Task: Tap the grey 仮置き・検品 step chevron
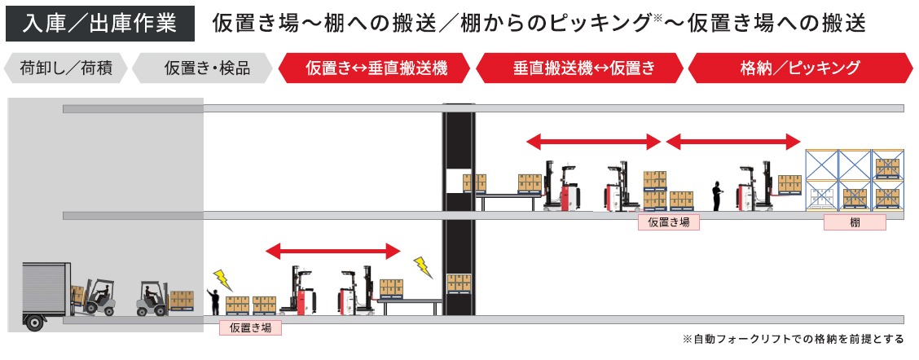[x=202, y=68]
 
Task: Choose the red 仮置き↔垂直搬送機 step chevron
[x=376, y=68]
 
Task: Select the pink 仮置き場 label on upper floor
[x=668, y=222]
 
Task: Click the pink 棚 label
[x=855, y=222]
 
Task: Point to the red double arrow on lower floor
[x=334, y=250]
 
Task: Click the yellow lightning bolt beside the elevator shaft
[x=423, y=266]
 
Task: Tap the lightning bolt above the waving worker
[x=222, y=279]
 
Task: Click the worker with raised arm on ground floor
[x=213, y=301]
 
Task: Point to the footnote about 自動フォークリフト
[x=792, y=339]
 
